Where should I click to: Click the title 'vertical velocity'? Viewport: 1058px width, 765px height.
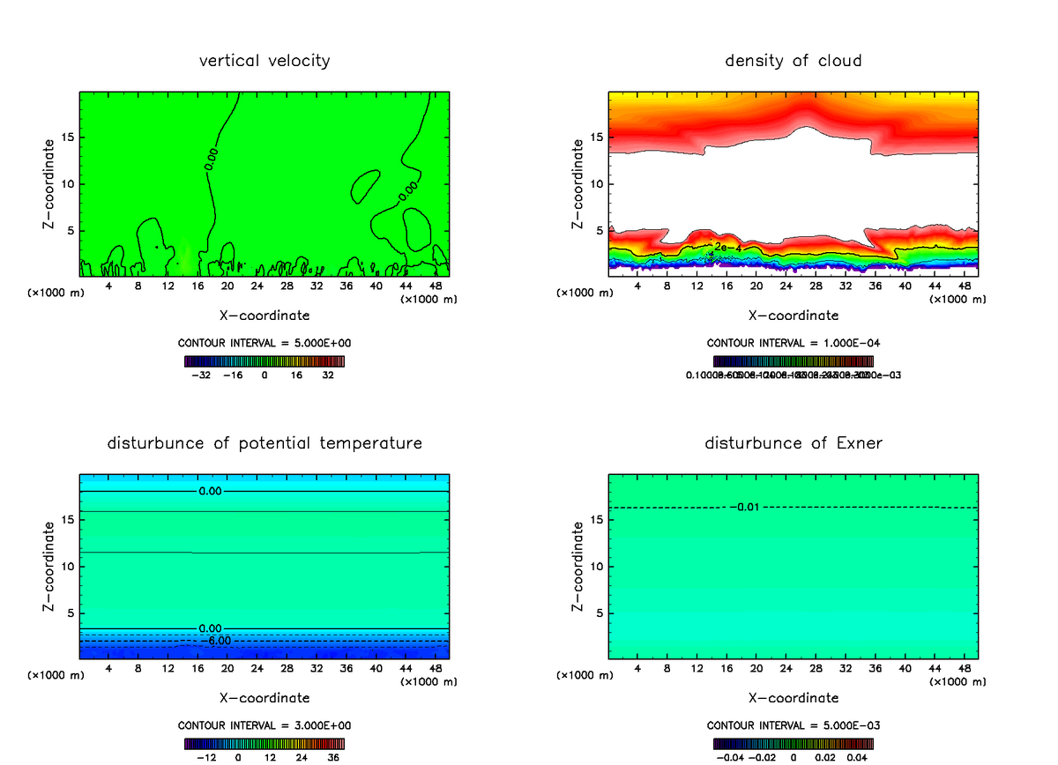click(x=264, y=61)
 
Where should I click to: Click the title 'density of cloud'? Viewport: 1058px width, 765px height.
click(x=793, y=61)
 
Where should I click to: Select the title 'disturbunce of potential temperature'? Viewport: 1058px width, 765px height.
click(x=264, y=442)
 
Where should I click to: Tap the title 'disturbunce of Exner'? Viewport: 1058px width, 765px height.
click(x=793, y=442)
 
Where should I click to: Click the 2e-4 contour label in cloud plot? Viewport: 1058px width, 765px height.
click(x=726, y=247)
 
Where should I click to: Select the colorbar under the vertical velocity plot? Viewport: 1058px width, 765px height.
click(x=264, y=361)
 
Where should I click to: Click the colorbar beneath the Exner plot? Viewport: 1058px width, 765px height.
click(x=793, y=743)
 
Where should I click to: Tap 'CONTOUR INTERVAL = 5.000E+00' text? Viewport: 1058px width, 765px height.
click(x=264, y=343)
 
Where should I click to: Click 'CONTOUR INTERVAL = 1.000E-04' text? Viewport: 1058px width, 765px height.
click(x=793, y=343)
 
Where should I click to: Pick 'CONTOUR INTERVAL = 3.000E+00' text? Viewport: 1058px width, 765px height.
click(x=264, y=725)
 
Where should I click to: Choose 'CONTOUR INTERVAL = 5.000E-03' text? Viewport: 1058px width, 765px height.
click(x=793, y=725)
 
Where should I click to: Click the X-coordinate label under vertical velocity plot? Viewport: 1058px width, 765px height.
click(x=264, y=315)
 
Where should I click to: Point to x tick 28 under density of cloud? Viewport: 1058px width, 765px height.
click(x=816, y=286)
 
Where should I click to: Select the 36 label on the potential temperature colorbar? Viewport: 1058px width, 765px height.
click(x=334, y=757)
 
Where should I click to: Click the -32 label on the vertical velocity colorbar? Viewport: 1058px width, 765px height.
click(x=201, y=375)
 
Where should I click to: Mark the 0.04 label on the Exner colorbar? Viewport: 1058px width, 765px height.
click(x=857, y=757)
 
